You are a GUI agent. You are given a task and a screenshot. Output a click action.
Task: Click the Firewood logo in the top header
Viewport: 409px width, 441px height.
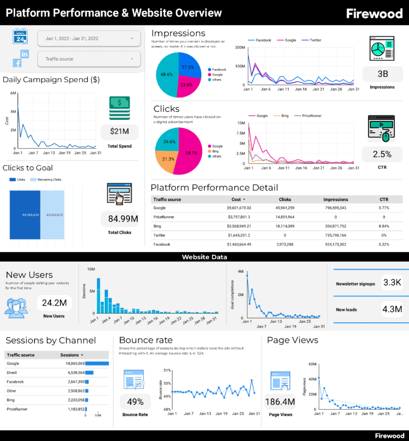pos(374,13)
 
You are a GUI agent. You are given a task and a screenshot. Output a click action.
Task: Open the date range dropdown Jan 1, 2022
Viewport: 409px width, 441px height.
pos(89,38)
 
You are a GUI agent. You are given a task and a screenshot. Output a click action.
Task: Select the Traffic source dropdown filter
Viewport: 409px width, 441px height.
pos(89,59)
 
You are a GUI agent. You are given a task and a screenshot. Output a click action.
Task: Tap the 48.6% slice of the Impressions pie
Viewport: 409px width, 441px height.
pos(166,75)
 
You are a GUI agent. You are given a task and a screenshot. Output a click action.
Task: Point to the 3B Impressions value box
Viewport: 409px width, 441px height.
pos(382,74)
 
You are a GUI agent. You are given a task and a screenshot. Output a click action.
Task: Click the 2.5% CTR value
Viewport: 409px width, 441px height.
pos(382,154)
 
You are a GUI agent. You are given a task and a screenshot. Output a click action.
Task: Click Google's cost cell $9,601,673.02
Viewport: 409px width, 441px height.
pos(231,208)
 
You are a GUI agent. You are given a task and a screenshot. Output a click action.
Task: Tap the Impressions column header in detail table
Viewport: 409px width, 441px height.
pos(335,200)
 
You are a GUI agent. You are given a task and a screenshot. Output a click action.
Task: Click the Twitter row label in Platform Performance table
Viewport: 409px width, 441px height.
pos(160,235)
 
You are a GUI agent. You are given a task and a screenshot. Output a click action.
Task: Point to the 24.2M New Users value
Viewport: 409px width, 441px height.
pos(54,303)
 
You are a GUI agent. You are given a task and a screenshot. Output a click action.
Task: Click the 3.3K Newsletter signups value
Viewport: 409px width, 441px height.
pos(392,282)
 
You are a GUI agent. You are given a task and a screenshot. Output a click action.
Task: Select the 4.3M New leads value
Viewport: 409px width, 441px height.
pos(392,308)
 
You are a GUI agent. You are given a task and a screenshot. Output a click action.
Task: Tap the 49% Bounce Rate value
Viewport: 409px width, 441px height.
pos(135,402)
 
